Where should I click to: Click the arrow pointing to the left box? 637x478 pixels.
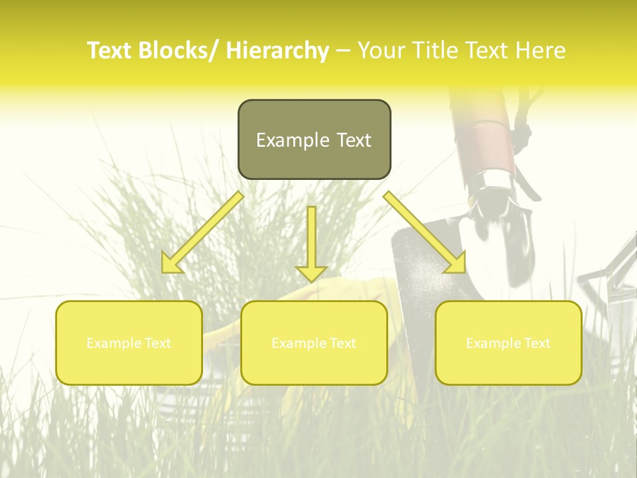click(x=202, y=232)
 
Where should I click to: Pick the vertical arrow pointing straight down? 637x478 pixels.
click(x=311, y=242)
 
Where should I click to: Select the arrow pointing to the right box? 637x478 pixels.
click(x=425, y=232)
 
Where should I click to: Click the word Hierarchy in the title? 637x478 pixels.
click(x=277, y=50)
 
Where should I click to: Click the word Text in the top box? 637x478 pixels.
click(x=353, y=140)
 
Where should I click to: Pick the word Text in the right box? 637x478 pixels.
click(x=535, y=343)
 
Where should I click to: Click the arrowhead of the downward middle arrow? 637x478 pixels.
click(x=311, y=272)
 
